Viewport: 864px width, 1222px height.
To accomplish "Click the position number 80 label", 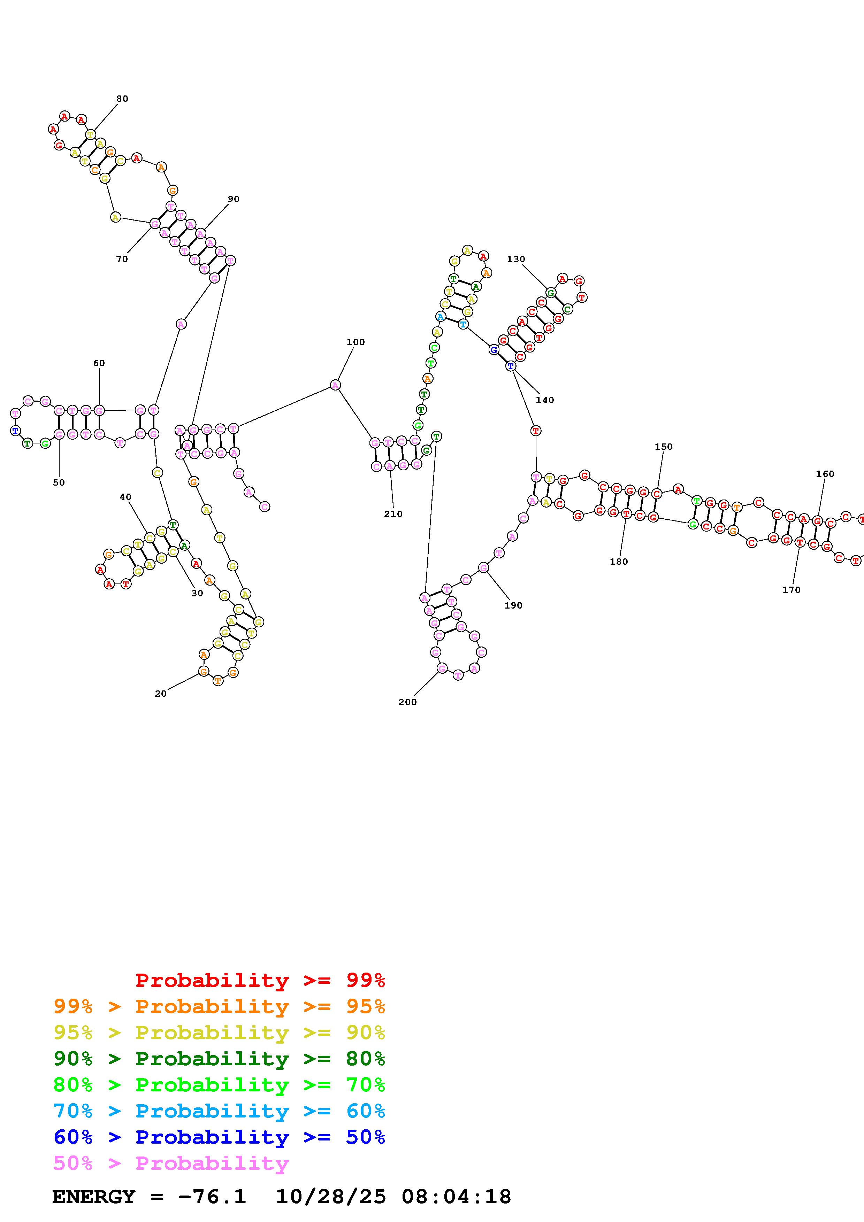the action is [x=122, y=99].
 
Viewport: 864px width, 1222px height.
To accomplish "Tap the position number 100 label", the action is [x=355, y=342].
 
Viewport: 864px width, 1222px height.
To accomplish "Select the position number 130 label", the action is [x=516, y=259].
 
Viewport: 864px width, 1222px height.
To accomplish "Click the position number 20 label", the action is [x=161, y=694].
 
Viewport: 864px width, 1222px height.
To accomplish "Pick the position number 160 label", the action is [x=825, y=474].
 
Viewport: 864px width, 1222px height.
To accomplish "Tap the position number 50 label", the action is [x=59, y=482].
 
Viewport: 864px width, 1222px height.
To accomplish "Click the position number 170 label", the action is [x=792, y=590].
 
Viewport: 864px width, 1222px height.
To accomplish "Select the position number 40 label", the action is [x=125, y=497].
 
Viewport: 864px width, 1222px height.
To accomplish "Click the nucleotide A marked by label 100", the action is [x=335, y=385].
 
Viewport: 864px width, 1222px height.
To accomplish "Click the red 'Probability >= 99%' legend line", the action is [x=260, y=980].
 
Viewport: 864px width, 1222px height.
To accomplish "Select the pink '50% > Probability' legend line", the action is [x=171, y=1163].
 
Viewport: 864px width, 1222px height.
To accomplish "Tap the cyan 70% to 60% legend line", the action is [x=219, y=1111].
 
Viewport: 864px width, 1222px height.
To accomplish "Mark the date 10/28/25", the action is [x=331, y=1197].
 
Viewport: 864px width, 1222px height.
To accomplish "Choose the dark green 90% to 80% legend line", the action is [x=219, y=1059].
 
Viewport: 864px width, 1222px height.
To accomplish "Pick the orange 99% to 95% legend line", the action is [x=219, y=1006].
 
